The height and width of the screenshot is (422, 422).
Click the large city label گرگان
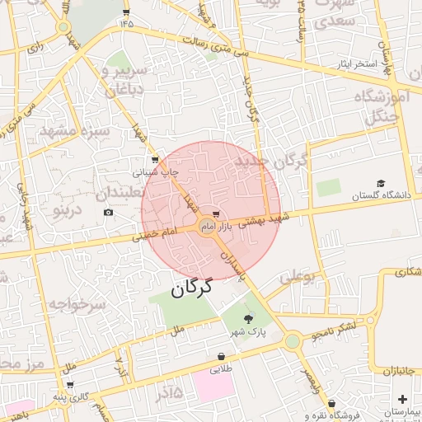[192, 288]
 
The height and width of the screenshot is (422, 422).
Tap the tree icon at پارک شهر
[250, 319]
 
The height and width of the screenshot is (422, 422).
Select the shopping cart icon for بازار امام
[216, 214]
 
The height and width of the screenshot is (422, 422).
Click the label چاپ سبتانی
[157, 173]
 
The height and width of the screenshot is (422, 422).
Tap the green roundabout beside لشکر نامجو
[293, 340]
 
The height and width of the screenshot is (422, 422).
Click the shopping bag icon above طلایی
[221, 357]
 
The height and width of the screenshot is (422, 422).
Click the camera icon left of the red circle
[109, 213]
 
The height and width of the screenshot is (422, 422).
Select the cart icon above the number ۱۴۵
[126, 12]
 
